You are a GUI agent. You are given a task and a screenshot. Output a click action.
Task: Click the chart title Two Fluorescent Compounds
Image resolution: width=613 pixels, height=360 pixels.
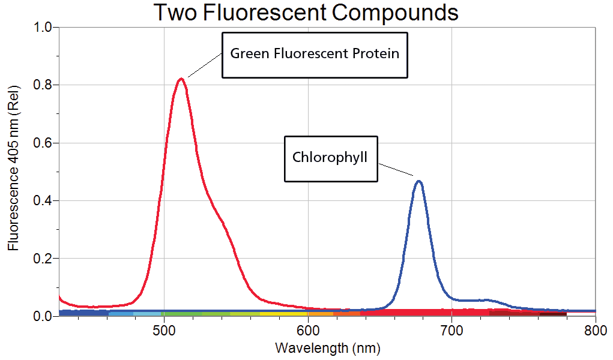point(306,12)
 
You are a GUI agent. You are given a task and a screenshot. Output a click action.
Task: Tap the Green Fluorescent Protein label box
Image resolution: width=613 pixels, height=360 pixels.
point(315,55)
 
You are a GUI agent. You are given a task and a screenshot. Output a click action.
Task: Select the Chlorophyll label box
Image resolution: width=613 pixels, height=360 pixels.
point(330,158)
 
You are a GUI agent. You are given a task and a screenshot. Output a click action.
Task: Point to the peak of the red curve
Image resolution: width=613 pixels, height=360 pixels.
point(181,79)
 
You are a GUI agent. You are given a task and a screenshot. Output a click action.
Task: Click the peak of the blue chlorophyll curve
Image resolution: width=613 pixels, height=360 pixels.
point(419,181)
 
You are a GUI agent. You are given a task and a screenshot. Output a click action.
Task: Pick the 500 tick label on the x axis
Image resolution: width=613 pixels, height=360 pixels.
point(164,329)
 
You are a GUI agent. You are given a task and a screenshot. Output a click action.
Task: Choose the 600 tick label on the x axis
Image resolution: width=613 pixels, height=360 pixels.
point(307,329)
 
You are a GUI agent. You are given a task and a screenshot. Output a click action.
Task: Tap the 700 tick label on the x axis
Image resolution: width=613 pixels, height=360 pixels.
point(451,329)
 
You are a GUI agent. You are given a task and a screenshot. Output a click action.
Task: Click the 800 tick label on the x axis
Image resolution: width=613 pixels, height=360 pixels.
point(594,329)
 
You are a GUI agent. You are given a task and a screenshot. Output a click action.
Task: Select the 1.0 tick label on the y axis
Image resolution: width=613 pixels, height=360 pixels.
point(43,28)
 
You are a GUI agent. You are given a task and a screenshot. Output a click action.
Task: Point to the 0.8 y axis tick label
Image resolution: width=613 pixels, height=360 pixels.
point(43,85)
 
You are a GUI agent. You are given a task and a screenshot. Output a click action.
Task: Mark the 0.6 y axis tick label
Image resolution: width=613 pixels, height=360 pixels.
point(43,143)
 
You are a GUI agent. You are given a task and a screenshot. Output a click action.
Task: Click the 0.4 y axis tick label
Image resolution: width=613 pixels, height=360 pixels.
point(43,200)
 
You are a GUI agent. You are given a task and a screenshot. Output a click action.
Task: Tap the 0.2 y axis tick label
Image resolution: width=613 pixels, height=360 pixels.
point(43,259)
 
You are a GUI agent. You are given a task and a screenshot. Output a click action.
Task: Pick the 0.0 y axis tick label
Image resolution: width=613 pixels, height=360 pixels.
point(43,316)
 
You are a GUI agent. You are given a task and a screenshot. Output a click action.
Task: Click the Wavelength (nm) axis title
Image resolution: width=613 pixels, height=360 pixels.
point(327,347)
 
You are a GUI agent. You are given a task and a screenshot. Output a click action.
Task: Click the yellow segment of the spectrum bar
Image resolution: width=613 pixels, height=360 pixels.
point(283,313)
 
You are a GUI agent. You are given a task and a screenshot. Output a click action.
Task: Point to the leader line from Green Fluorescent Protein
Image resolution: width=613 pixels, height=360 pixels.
point(204,65)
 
